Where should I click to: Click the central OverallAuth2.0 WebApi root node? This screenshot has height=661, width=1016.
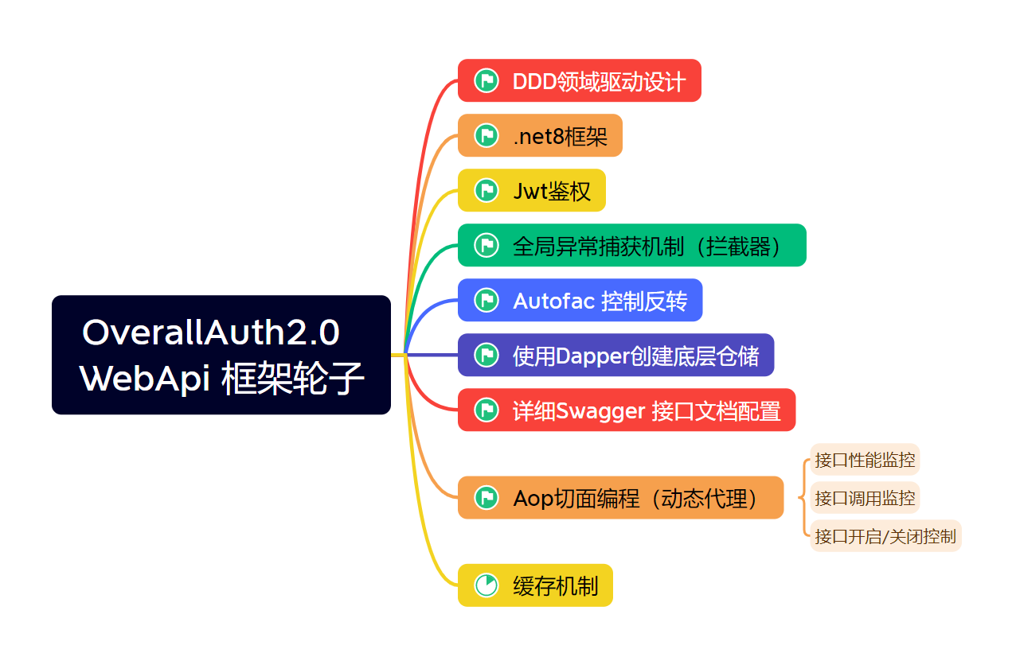pos(221,355)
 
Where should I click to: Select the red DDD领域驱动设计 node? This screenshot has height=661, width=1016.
pos(579,80)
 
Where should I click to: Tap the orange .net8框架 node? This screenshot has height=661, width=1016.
pos(540,135)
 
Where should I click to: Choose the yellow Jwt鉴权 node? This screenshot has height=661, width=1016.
pos(532,190)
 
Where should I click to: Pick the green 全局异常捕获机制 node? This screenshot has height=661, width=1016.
pos(632,245)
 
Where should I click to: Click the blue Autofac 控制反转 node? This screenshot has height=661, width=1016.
pos(580,300)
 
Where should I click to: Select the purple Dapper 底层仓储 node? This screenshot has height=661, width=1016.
pos(616,355)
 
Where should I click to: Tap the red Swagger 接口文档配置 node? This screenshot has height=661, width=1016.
pos(627,410)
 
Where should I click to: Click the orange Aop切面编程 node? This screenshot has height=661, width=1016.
pos(620,497)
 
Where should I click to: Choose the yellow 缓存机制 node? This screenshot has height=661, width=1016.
pos(535,585)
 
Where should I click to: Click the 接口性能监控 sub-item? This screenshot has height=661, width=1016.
pos(865,460)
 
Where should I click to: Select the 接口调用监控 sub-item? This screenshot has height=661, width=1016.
pos(865,497)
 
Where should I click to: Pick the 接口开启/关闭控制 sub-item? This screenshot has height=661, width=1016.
pos(885,536)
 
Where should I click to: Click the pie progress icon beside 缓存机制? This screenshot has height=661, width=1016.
pos(487,585)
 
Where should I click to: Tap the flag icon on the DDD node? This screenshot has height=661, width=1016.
pos(487,80)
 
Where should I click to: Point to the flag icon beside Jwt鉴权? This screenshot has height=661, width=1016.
pos(487,190)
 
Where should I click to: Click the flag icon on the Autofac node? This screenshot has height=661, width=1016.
pos(487,300)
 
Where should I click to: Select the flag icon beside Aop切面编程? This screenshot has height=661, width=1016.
pos(487,497)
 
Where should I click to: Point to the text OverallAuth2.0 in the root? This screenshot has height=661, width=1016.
pos(211,332)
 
